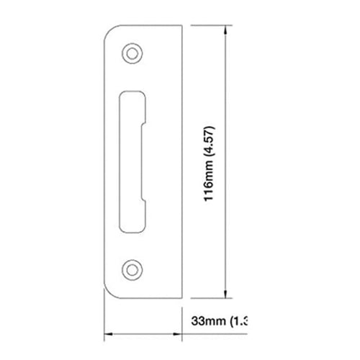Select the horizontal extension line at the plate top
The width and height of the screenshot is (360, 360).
tap(209, 23)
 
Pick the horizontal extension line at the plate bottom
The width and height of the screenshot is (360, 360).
tap(209, 296)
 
